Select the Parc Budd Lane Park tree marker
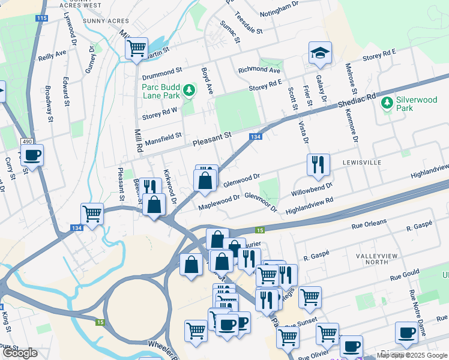(x=190, y=91)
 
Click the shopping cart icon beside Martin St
(x=137, y=47)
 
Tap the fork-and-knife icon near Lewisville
(x=318, y=164)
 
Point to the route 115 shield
(x=41, y=19)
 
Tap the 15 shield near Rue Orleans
(x=260, y=230)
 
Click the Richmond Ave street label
(x=260, y=70)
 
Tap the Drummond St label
(x=161, y=75)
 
